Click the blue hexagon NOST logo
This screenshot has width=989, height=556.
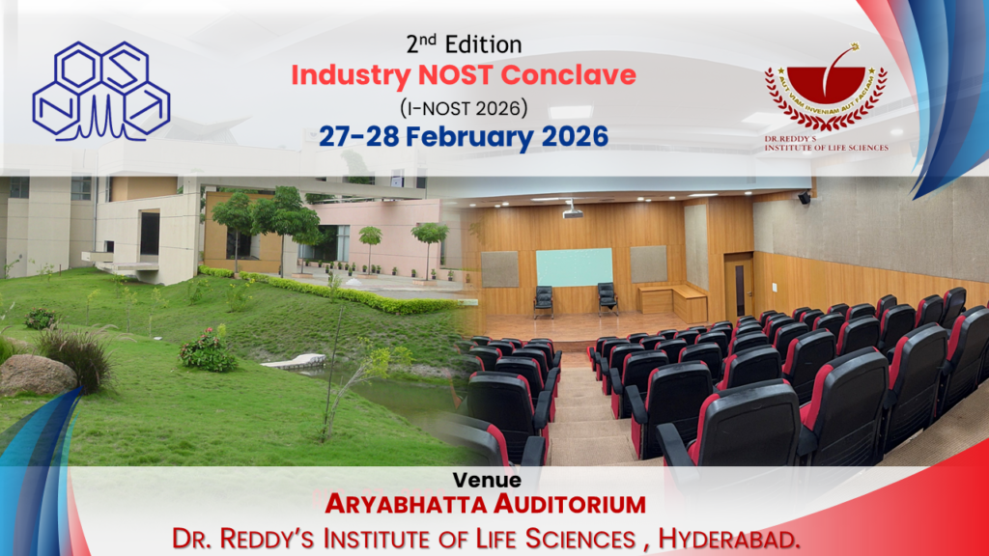point(100,91)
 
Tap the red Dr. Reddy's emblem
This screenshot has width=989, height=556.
point(826,87)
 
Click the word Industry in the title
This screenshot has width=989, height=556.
point(351,75)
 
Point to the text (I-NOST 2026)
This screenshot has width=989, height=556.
point(464,108)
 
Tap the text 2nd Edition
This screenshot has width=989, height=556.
point(464,44)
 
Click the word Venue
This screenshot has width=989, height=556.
point(487,481)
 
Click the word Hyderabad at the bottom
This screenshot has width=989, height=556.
point(729,539)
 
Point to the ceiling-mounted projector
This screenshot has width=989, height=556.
point(572,211)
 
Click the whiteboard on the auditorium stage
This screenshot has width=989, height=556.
point(574,267)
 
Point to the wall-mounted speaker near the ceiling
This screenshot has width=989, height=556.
point(805,198)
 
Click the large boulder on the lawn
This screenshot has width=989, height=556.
point(38,375)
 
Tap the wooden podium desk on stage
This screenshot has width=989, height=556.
point(672,303)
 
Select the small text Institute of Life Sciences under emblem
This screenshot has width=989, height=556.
point(827,148)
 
